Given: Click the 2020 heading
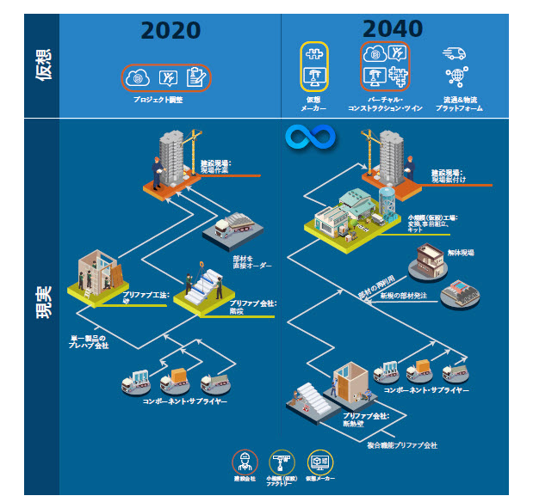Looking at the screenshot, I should point(170,30).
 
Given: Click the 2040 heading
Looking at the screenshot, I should point(393,28).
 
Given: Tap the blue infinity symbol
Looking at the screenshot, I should point(303,137).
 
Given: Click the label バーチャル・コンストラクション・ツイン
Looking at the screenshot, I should point(386,104).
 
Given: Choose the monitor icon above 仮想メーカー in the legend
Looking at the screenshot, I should point(319,461).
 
